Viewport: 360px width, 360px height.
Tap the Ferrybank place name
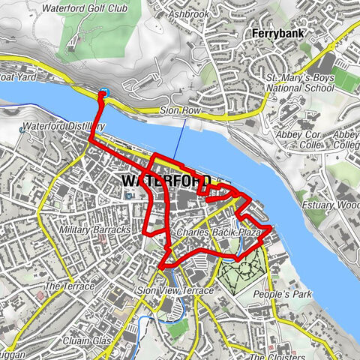click(277, 34)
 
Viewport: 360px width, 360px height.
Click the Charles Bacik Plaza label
click(217, 233)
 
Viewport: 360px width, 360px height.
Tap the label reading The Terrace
click(70, 286)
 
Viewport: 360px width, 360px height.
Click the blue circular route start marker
click(103, 93)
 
